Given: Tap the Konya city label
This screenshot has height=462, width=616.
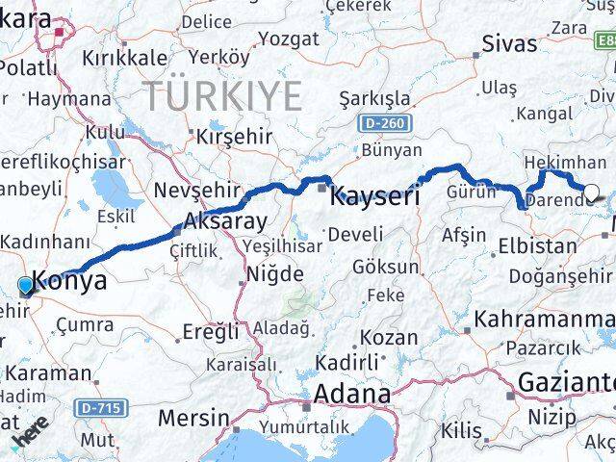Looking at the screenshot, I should [69, 280].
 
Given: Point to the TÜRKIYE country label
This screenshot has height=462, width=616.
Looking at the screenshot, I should [223, 95].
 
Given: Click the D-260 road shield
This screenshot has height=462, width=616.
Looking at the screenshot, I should [386, 124].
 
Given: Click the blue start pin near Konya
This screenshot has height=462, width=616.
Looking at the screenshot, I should [25, 285].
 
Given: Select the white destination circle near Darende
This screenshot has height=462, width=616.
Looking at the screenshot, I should [592, 192].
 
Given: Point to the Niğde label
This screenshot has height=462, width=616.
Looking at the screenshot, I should [275, 274].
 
